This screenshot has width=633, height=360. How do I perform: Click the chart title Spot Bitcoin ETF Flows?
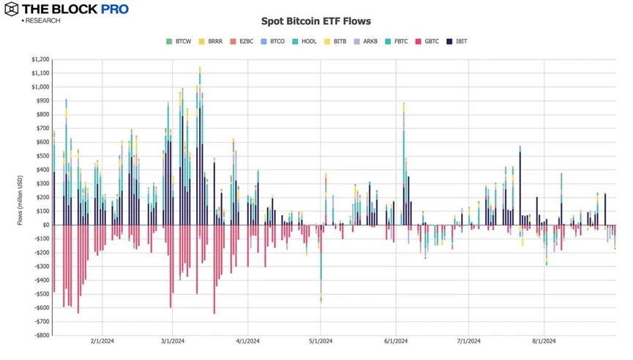tap(315, 21)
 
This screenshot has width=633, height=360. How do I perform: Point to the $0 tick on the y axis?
tap(45, 225)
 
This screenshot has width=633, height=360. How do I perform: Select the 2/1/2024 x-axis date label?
tap(102, 341)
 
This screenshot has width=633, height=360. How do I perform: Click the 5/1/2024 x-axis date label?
tap(321, 341)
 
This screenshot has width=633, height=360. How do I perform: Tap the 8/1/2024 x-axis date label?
tap(543, 341)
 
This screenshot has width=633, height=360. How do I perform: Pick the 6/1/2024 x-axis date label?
tap(395, 341)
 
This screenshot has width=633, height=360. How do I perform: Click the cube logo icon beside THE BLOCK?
tap(11, 10)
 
